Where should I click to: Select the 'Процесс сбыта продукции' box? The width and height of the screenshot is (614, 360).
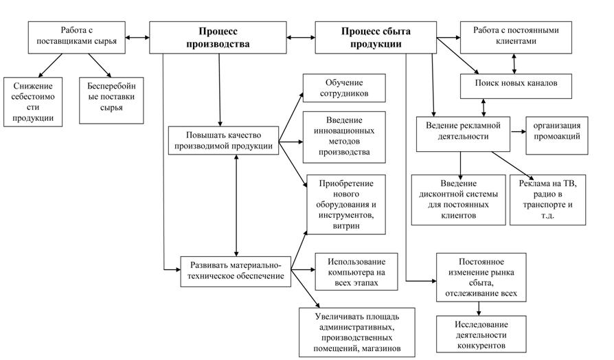[375, 37]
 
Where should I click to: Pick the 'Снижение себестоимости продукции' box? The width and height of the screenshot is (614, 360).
[32, 101]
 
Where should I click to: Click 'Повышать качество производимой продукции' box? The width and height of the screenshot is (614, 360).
[223, 139]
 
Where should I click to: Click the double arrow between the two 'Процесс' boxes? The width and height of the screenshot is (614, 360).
[303, 36]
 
